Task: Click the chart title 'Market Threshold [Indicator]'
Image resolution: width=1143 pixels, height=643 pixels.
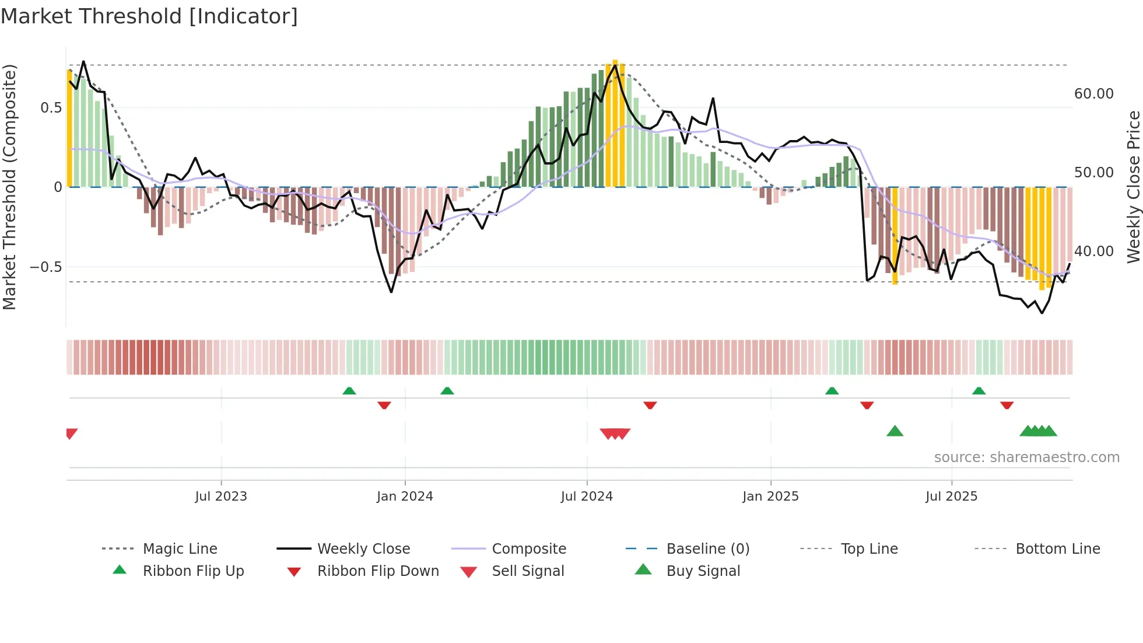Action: pos(149,16)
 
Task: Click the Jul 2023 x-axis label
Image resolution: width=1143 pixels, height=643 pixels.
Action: pos(221,497)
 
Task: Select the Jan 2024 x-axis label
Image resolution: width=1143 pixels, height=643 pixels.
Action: pos(405,497)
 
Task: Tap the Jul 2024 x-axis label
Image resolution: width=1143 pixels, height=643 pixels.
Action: pos(587,497)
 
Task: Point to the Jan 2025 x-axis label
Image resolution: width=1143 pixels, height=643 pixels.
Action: pos(770,497)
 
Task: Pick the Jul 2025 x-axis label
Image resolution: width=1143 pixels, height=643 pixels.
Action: pos(951,497)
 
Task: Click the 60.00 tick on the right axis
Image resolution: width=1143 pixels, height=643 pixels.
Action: pos(1093,94)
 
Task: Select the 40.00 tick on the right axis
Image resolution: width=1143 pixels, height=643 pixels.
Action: pos(1093,251)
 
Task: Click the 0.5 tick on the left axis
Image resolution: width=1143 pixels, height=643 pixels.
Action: pos(51,108)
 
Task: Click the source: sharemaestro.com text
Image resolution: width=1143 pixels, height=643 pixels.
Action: pos(1026,457)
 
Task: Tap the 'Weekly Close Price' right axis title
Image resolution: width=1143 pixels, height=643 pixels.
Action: pos(1133,187)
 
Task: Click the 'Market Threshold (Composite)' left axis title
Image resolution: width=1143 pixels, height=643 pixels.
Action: pos(9,187)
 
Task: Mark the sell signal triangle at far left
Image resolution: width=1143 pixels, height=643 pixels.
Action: pos(71,434)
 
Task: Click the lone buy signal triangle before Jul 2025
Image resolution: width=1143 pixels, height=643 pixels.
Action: pos(895,431)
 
